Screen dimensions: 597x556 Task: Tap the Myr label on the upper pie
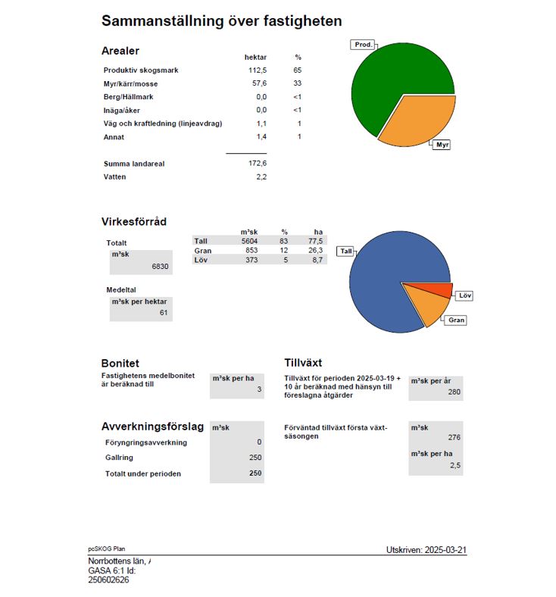pyautogui.click(x=442, y=144)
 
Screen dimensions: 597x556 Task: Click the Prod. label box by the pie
pyautogui.click(x=364, y=45)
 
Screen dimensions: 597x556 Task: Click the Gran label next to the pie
pyautogui.click(x=456, y=320)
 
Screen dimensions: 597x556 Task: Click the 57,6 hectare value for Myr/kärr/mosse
pyautogui.click(x=258, y=84)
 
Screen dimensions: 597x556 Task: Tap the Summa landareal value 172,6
pyautogui.click(x=258, y=163)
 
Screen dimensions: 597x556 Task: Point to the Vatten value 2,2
pyautogui.click(x=261, y=177)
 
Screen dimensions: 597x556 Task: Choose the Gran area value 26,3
pyautogui.click(x=315, y=251)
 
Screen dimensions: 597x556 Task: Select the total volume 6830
pyautogui.click(x=160, y=267)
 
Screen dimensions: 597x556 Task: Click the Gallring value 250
pyautogui.click(x=255, y=458)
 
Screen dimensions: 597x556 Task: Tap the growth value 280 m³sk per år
pyautogui.click(x=454, y=392)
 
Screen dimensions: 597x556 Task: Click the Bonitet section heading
pyautogui.click(x=120, y=364)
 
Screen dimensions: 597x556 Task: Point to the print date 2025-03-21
pyautogui.click(x=426, y=549)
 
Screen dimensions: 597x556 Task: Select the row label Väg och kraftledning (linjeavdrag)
pyautogui.click(x=162, y=123)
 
